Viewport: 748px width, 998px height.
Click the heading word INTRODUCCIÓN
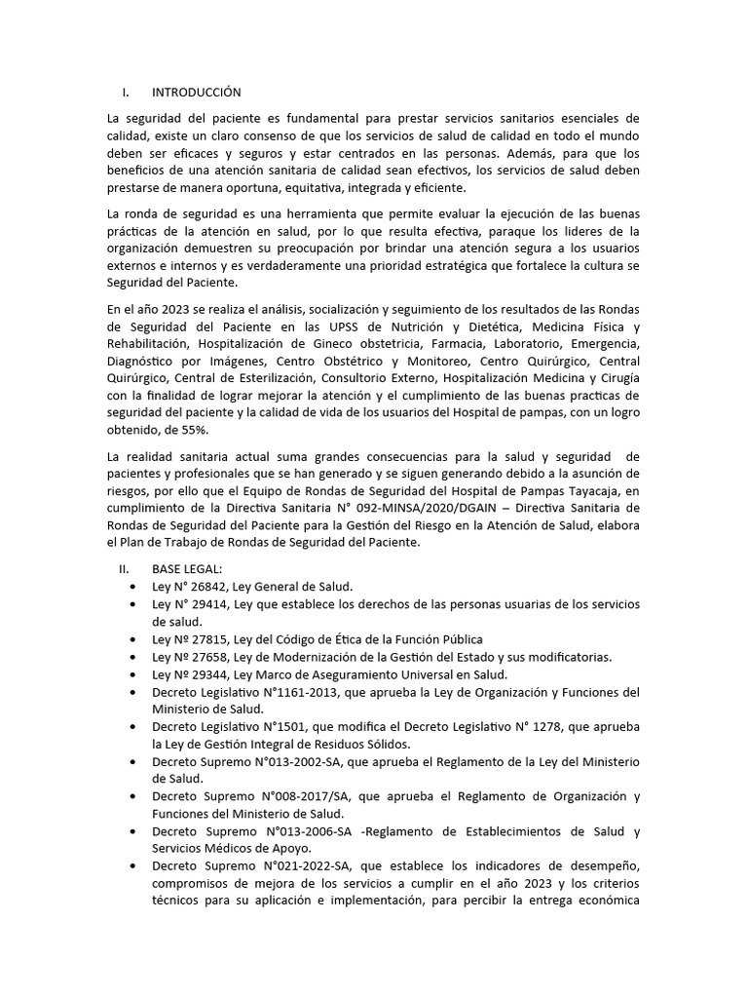(196, 93)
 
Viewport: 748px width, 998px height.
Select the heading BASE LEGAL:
(187, 568)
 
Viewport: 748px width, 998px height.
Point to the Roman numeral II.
(124, 568)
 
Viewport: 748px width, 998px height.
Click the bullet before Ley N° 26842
(131, 588)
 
